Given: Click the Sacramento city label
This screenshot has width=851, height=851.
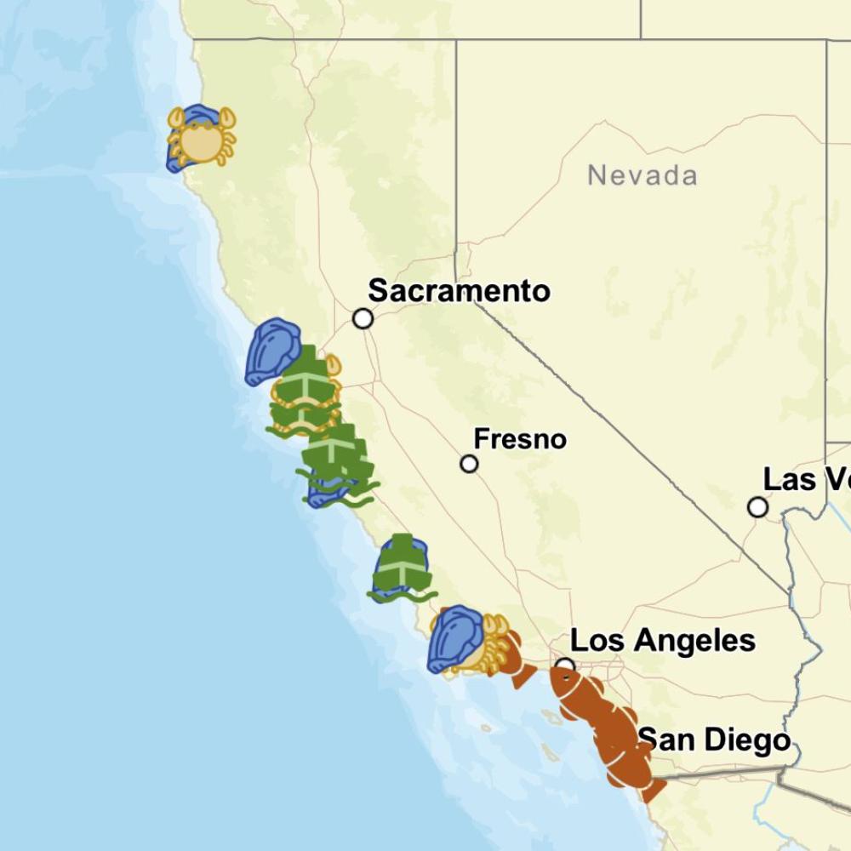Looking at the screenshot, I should coord(459,291).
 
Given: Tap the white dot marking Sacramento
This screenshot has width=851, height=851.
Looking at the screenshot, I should coord(363,318).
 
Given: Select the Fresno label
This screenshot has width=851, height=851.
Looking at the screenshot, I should coord(520,439).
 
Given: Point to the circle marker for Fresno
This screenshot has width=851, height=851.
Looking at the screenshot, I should coord(469,464).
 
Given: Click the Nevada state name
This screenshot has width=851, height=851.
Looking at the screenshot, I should coord(643,176).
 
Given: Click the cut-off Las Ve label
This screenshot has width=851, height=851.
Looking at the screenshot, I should coord(806,479).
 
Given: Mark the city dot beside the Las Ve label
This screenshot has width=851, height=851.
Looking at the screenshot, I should coord(757,507).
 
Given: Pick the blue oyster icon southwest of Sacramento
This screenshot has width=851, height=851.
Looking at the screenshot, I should coord(271,350).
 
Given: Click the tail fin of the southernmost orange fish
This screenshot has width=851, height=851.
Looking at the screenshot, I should coord(654,790).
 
